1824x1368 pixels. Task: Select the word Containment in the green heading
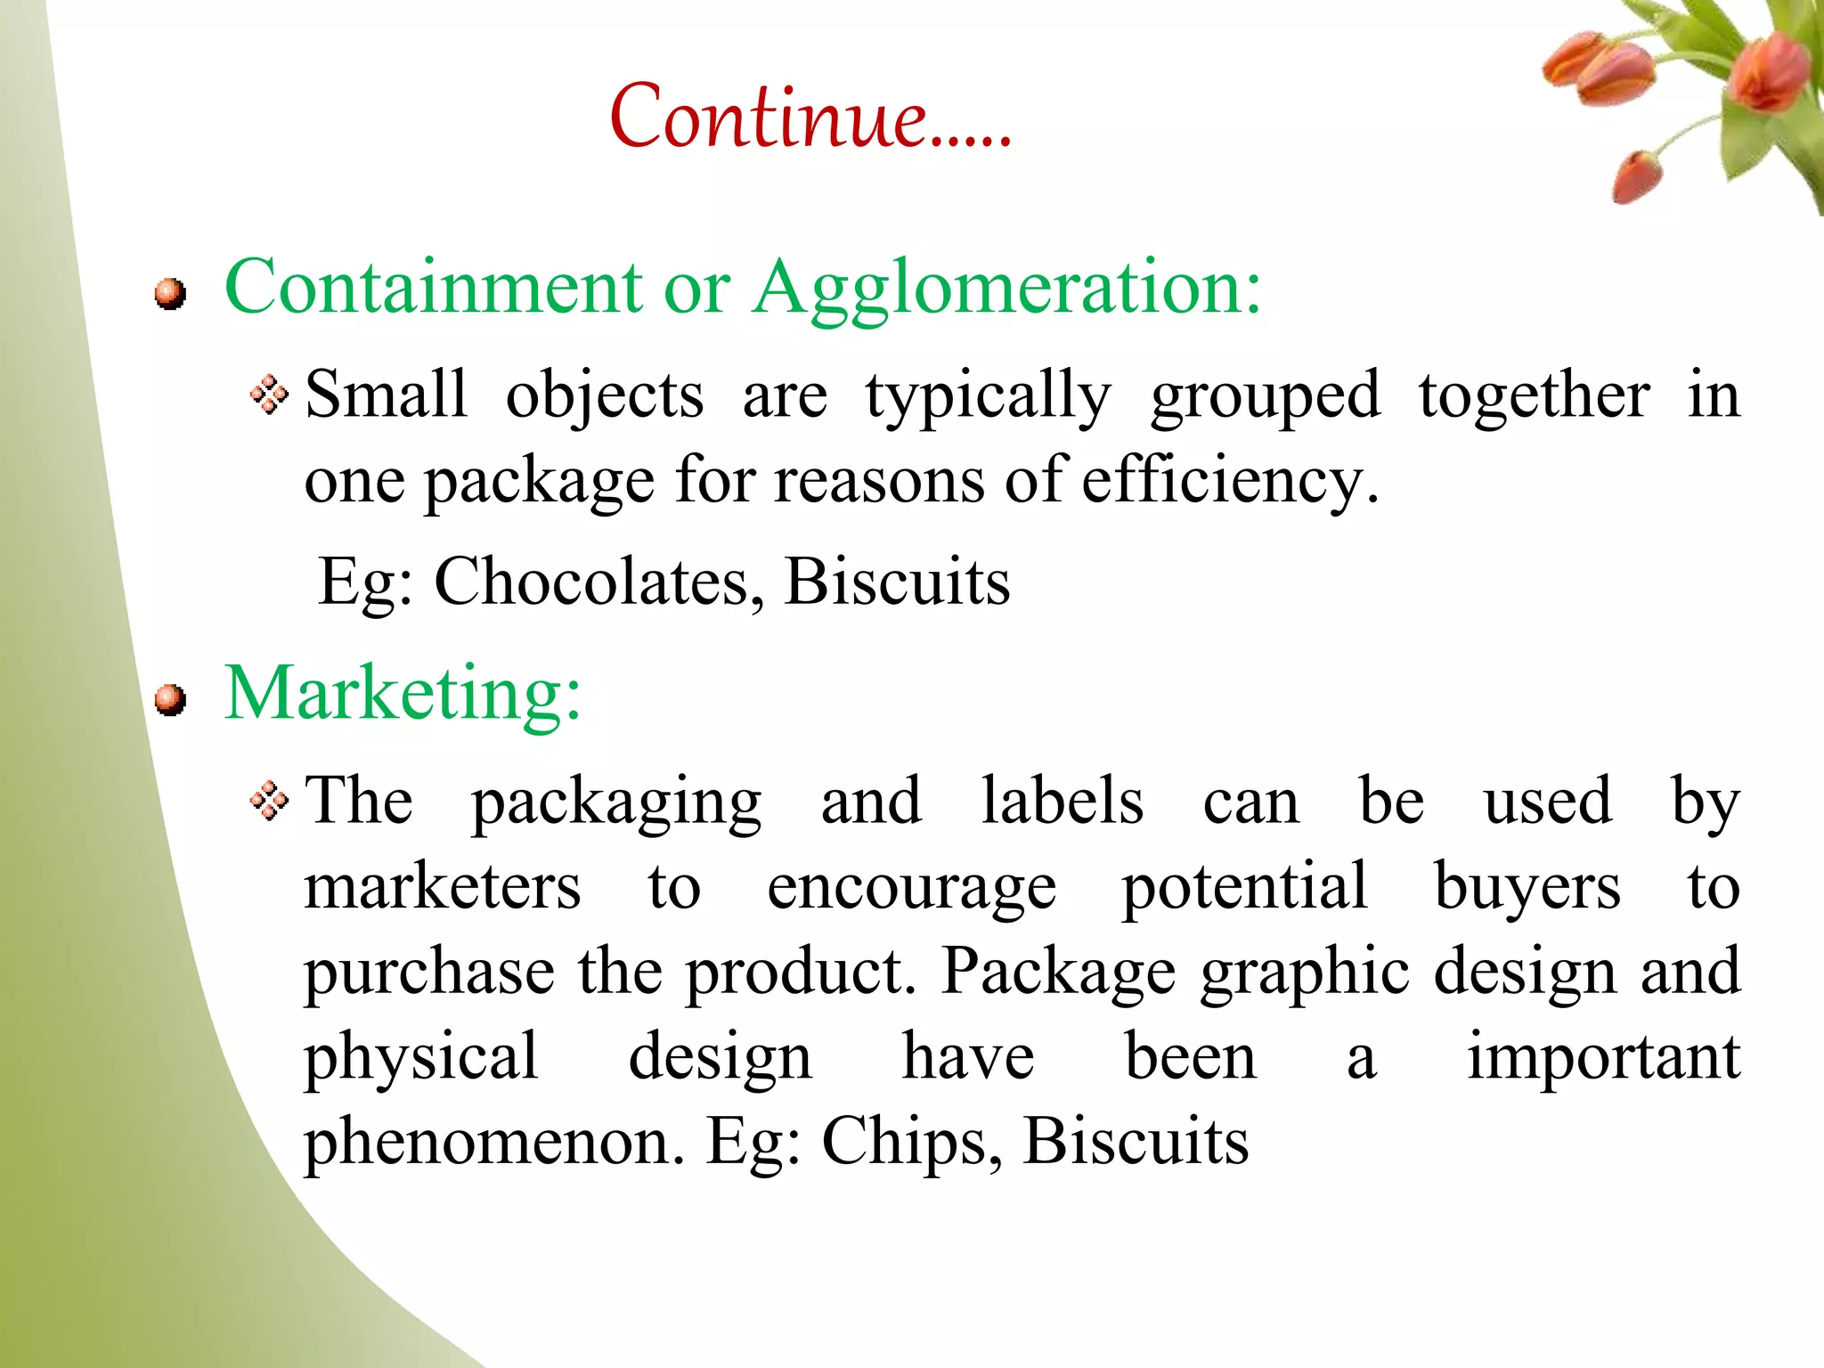pos(433,287)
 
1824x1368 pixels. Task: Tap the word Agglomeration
pos(1006,289)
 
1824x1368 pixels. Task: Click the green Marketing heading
pos(403,694)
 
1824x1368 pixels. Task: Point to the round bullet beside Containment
pos(169,293)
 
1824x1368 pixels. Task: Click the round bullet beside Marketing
pos(169,700)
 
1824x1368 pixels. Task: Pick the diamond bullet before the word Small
pos(269,395)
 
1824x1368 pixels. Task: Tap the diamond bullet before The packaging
pos(269,801)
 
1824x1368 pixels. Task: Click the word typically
pos(988,396)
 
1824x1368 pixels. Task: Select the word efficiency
pos(1229,481)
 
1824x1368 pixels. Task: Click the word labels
pos(1062,801)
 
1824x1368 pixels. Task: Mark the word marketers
pos(443,887)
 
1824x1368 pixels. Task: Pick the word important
pos(1603,1058)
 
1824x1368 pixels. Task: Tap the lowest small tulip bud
pos(1637,176)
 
